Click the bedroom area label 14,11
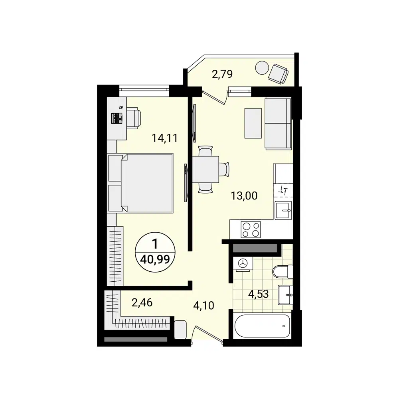[x=164, y=138]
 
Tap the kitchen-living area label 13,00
[x=244, y=196]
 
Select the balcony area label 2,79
[x=222, y=74]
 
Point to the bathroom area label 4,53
[x=258, y=294]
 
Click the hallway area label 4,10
[x=204, y=306]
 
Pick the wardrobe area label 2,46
[x=142, y=302]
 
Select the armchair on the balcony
[x=278, y=73]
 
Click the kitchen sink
[x=284, y=210]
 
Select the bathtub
[x=262, y=326]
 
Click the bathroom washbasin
[x=285, y=295]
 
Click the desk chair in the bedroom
[x=133, y=118]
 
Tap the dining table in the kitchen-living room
[x=206, y=169]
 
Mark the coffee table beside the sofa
[x=253, y=123]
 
